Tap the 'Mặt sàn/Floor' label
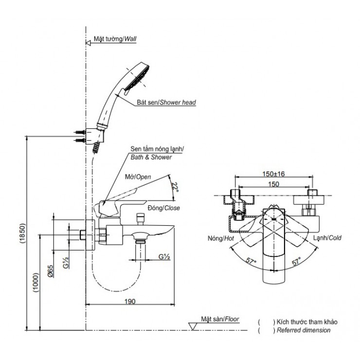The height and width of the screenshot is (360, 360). [x=222, y=319]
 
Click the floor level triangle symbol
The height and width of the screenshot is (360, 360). [x=193, y=325]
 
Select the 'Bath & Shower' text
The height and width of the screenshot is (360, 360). [x=150, y=157]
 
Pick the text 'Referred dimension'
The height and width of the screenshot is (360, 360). [x=303, y=330]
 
